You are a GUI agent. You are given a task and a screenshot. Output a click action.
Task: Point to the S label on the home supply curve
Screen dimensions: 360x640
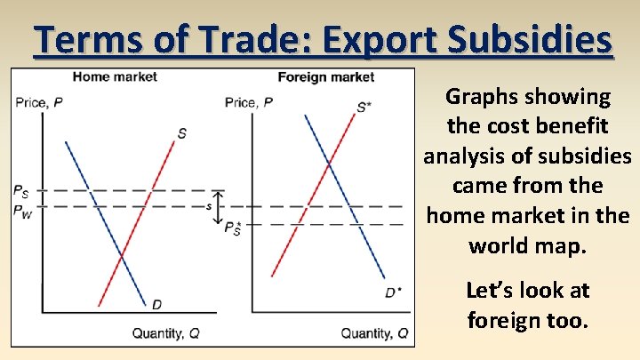point(181,133)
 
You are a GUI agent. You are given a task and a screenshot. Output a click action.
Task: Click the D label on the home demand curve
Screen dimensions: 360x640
point(156,305)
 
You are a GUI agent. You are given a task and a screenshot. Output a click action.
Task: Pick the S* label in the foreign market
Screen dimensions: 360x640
point(364,108)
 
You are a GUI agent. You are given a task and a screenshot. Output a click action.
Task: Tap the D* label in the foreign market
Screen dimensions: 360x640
point(392,292)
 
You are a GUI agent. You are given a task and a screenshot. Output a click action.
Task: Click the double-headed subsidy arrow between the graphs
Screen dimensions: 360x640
point(220,206)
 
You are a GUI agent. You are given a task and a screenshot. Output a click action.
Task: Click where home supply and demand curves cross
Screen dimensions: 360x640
point(122,256)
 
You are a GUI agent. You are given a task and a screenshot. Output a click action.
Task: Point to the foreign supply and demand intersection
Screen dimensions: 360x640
point(329,164)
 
